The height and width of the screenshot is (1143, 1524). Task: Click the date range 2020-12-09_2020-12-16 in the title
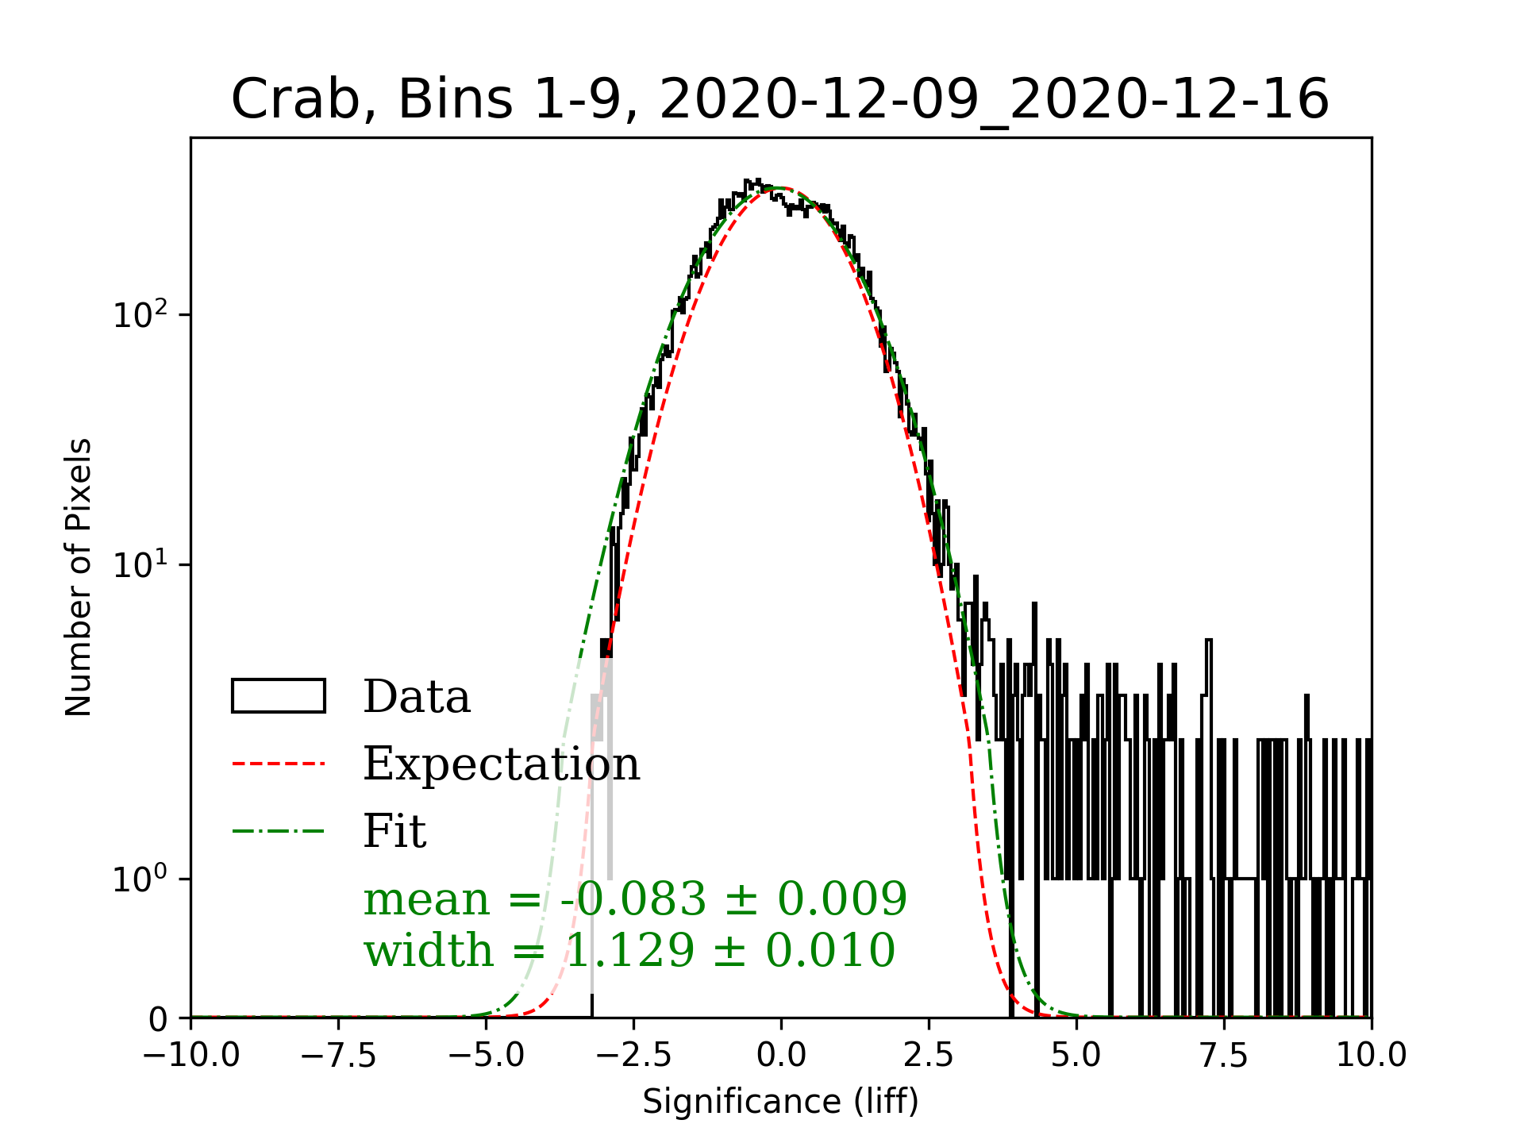[994, 101]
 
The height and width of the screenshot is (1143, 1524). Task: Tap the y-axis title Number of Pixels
[79, 577]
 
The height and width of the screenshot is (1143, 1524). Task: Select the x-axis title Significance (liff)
[780, 1102]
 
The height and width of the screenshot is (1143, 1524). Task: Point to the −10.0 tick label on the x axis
[190, 1056]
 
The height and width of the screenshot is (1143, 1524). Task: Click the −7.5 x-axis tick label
[338, 1056]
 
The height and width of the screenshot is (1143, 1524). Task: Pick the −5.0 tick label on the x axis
[486, 1056]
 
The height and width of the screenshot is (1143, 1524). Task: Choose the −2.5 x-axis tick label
[633, 1056]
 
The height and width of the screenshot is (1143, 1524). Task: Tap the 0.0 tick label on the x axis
[781, 1056]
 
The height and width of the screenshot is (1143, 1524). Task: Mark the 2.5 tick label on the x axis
[929, 1056]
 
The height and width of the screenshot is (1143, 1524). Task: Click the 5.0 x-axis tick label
[1076, 1056]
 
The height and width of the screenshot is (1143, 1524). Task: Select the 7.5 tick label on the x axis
[1224, 1056]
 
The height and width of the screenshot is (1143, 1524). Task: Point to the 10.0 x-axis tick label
[1372, 1056]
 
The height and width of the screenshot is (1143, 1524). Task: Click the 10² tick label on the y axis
[141, 314]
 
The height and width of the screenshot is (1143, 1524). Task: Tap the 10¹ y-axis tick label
[141, 564]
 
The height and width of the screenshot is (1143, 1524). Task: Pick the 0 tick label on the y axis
[158, 1019]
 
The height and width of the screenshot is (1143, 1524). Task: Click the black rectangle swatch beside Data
[278, 696]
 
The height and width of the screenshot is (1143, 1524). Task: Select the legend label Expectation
[501, 764]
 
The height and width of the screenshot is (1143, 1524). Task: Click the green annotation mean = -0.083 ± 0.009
[635, 899]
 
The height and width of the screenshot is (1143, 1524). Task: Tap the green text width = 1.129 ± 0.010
[629, 950]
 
